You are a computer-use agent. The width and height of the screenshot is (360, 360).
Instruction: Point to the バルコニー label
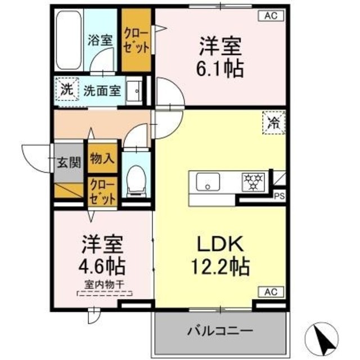click(x=220, y=330)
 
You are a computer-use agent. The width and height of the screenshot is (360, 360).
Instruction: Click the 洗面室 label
click(x=102, y=89)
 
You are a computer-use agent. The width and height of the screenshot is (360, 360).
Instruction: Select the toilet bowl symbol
click(x=135, y=181)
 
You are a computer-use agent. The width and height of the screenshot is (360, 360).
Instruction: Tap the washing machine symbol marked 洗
click(x=67, y=89)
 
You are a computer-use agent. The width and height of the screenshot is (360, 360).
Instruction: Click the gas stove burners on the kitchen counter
click(x=253, y=182)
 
